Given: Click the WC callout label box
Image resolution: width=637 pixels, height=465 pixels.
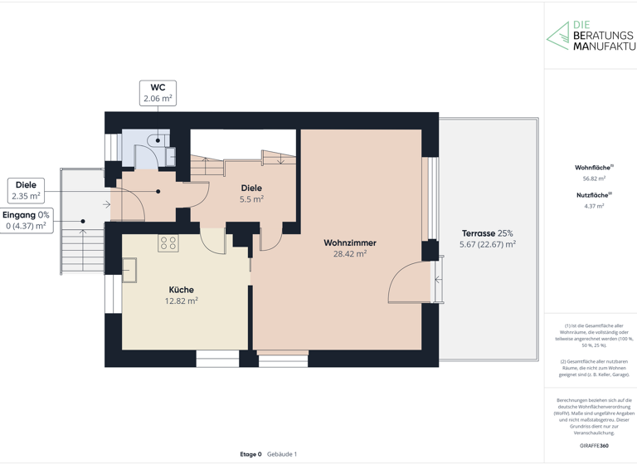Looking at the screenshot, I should pyautogui.click(x=158, y=93).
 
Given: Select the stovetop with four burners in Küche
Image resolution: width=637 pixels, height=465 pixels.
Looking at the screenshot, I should pyautogui.click(x=168, y=243).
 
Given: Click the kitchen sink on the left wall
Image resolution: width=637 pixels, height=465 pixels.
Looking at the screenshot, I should pyautogui.click(x=130, y=271).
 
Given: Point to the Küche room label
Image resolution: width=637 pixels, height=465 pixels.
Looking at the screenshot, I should pyautogui.click(x=180, y=290).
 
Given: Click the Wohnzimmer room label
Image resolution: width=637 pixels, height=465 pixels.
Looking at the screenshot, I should pyautogui.click(x=349, y=243).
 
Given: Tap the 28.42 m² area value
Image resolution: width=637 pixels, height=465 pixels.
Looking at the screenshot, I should pyautogui.click(x=349, y=254).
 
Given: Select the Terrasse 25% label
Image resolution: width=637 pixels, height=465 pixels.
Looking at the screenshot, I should pyautogui.click(x=487, y=233).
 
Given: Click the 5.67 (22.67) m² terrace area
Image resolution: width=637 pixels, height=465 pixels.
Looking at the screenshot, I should pyautogui.click(x=487, y=244).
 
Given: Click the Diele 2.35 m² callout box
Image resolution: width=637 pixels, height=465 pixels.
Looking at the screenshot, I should pyautogui.click(x=26, y=190).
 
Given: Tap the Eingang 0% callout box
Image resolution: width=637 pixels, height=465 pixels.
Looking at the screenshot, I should pyautogui.click(x=26, y=220).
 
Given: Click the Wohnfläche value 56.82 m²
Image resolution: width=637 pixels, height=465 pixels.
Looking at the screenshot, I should pyautogui.click(x=593, y=179).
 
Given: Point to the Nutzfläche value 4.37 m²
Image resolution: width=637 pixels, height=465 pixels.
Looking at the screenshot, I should pyautogui.click(x=593, y=206).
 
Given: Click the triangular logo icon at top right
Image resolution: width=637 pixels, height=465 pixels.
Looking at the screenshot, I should pyautogui.click(x=557, y=36).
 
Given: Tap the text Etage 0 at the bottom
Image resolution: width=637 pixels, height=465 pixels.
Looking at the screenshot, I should pyautogui.click(x=250, y=454).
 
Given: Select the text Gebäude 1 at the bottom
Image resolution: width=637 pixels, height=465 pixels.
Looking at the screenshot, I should pyautogui.click(x=282, y=454).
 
